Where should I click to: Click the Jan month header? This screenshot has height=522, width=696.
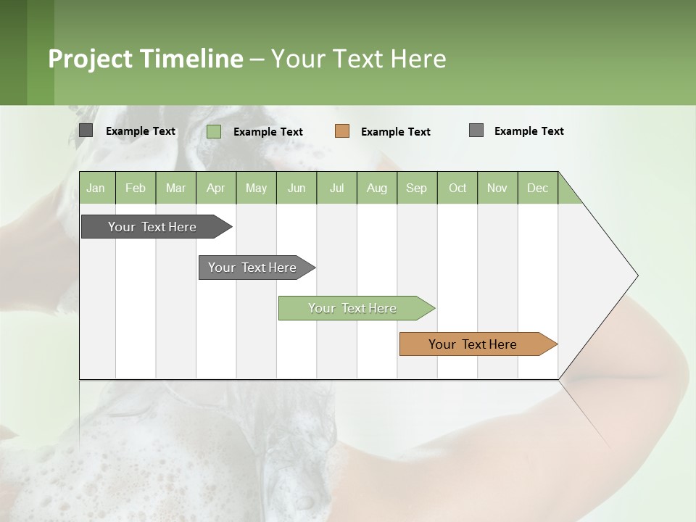coord(96,188)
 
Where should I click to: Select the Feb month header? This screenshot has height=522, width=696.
coord(136,188)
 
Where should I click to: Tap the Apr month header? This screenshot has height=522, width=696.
coord(215,188)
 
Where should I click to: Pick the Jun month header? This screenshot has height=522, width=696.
coord(297,188)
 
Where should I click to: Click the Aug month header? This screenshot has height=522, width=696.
coord(376,188)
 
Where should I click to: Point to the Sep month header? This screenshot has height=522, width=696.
coord(416,188)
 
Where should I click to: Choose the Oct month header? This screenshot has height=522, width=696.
coord(457,188)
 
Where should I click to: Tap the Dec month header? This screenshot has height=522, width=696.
coord(537,188)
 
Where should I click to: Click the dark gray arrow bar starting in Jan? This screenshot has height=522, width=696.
coord(152,227)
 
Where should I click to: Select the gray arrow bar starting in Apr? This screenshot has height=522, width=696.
coord(252,268)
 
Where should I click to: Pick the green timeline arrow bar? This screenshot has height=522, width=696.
coord(352,308)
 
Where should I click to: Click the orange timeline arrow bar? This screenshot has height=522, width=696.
coord(473,344)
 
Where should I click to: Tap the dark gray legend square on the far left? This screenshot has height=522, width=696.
coord(86,130)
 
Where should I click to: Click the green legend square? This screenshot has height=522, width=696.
coord(214,131)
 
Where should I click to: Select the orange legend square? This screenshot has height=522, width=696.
coord(342,131)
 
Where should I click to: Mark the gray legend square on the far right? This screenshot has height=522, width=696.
coord(476,130)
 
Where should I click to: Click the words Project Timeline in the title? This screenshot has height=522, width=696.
coord(145,59)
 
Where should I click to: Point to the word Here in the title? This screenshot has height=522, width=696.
coord(418,59)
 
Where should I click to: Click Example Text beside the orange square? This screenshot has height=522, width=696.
coord(395,132)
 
